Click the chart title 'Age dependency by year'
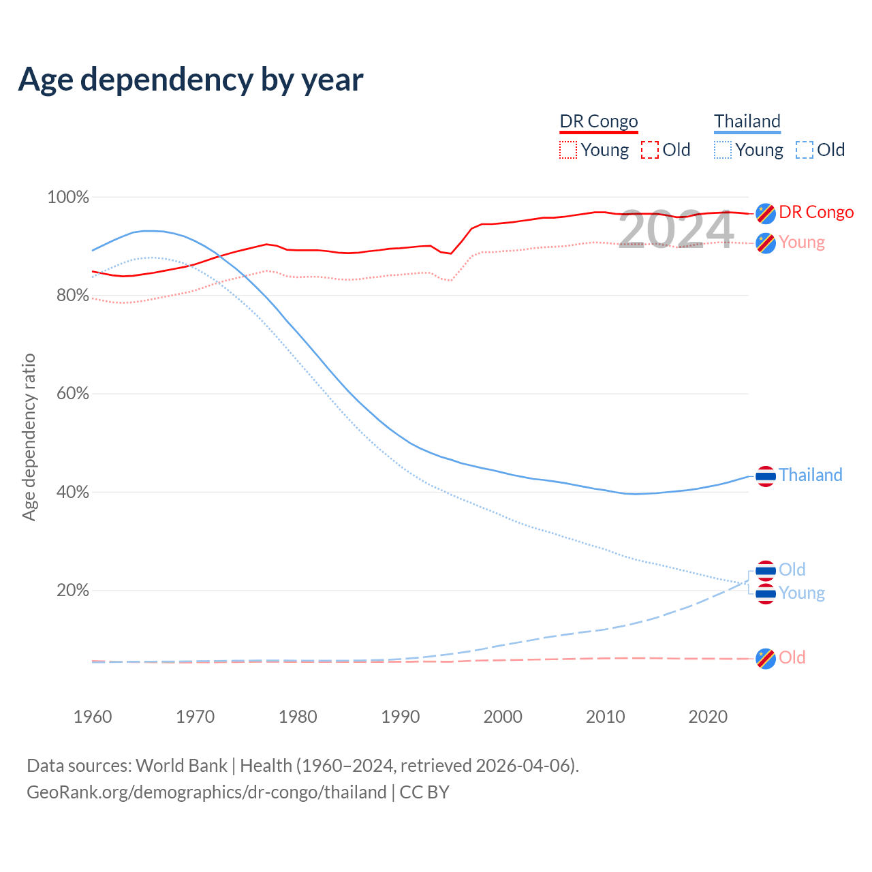coord(191,80)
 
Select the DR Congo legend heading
coord(599,121)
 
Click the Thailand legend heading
coord(747,121)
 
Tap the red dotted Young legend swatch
coord(568,150)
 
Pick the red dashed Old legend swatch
coord(650,150)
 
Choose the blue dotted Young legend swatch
coord(723,150)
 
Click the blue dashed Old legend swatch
coord(805,150)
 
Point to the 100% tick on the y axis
coord(68,198)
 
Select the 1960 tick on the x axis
coord(93,717)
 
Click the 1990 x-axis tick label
coord(401,717)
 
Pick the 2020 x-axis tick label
coord(708,717)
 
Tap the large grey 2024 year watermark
coord(676,230)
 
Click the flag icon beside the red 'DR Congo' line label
coord(766,213)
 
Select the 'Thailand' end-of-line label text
coord(811,475)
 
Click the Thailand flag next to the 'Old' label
coord(766,571)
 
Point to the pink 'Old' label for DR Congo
coord(792,657)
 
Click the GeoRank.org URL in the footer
coord(206,792)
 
